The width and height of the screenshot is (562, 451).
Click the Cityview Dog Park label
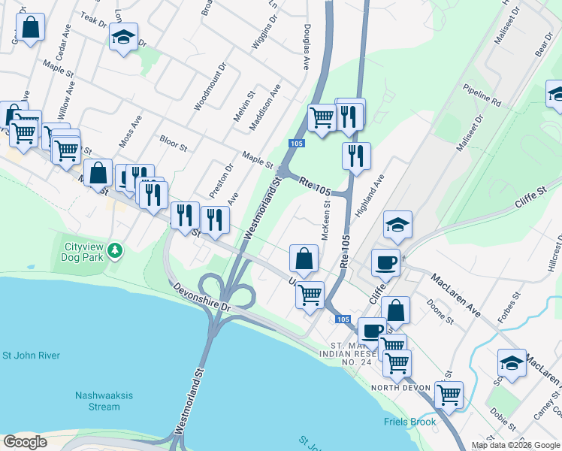coord(83,251)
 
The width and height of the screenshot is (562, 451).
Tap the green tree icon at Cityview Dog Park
coord(114,250)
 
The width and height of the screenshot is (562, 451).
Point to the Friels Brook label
coord(409,422)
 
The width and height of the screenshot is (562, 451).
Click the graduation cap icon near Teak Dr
coord(123,37)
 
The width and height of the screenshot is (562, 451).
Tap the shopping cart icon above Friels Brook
coord(449,393)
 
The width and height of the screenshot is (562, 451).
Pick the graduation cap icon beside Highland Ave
coord(397,224)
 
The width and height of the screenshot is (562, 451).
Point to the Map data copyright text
coord(515,445)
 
